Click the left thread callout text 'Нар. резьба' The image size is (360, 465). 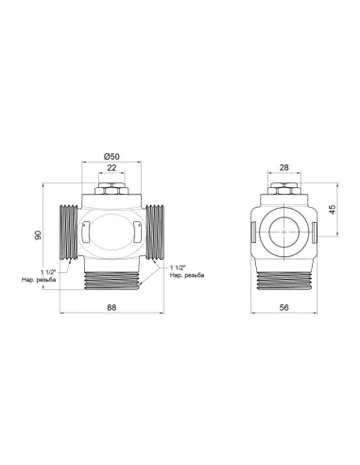point(38,281)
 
